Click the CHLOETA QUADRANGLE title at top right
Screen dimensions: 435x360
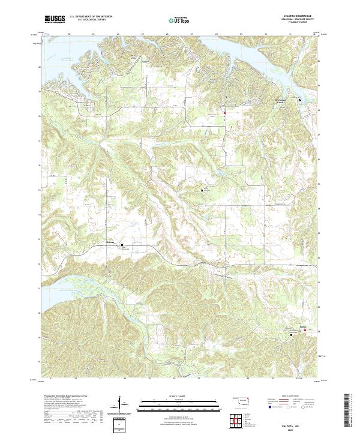click(303, 16)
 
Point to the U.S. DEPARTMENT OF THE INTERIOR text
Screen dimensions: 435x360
click(91, 17)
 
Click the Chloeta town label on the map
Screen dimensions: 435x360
click(110, 242)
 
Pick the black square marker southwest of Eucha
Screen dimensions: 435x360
click(292, 335)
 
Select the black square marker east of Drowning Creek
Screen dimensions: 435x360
click(300, 100)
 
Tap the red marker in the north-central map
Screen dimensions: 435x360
click(224, 113)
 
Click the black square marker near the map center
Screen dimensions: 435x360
click(202, 190)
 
